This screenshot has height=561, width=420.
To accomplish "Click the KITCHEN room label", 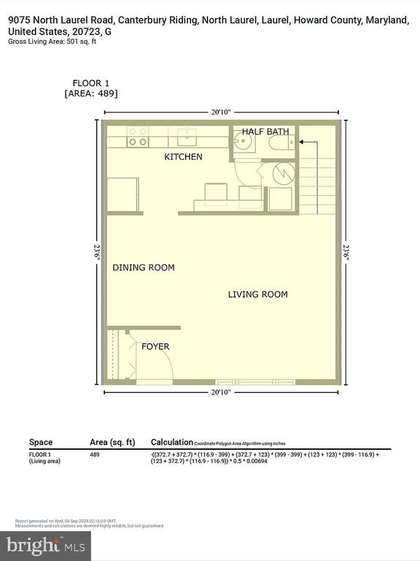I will pyautogui.click(x=183, y=157).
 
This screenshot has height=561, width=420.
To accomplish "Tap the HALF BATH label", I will pyautogui.click(x=265, y=131).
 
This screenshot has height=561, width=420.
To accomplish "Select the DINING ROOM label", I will pyautogui.click(x=144, y=267).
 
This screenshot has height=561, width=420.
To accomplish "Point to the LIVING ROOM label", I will pyautogui.click(x=257, y=294).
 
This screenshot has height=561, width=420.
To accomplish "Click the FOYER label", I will pyautogui.click(x=155, y=346).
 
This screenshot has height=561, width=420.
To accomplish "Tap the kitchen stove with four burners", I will pyautogui.click(x=138, y=136).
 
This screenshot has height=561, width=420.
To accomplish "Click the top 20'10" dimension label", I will pyautogui.click(x=221, y=112).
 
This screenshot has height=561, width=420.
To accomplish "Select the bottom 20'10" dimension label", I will pyautogui.click(x=221, y=392).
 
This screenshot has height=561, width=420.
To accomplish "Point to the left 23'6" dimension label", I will pyautogui.click(x=96, y=248).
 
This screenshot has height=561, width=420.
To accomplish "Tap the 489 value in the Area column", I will pyautogui.click(x=94, y=454).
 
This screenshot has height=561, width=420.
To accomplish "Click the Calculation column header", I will pyautogui.click(x=171, y=442).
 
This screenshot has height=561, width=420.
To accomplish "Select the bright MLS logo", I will pyautogui.click(x=45, y=544).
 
